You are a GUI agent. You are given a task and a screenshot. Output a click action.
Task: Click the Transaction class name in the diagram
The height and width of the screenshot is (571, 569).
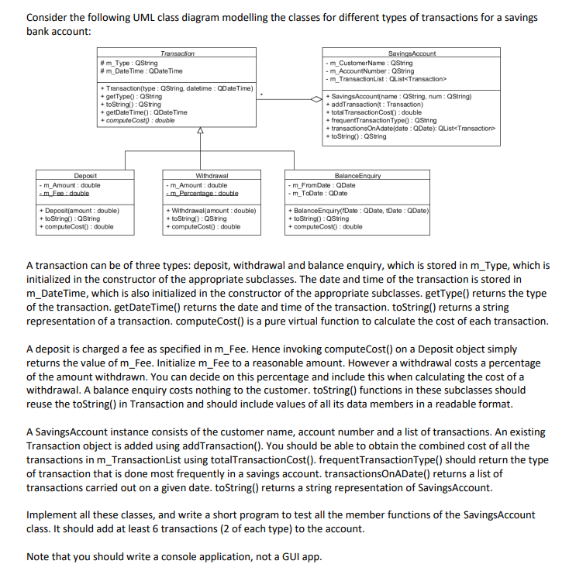click(x=178, y=53)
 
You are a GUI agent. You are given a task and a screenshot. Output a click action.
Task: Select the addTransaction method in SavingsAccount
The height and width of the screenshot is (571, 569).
click(x=376, y=104)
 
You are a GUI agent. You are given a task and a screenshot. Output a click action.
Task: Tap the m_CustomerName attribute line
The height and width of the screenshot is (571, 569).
click(x=371, y=62)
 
